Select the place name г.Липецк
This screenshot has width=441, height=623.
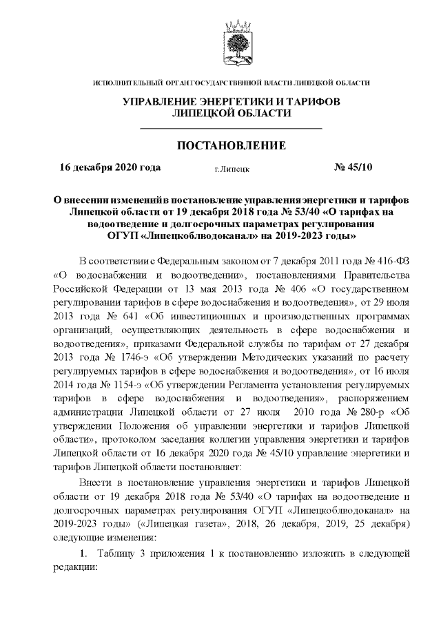[232, 168]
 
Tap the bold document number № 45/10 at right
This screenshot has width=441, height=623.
[353, 167]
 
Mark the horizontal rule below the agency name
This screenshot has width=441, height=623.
[232, 129]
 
